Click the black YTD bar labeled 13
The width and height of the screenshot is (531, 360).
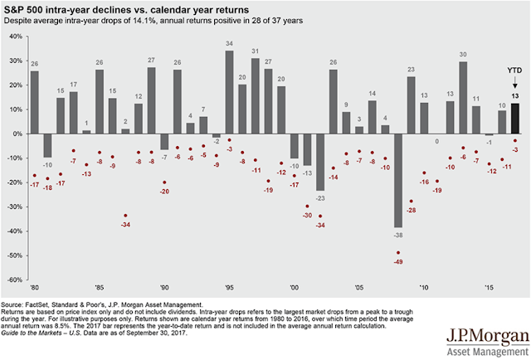[x=514, y=117]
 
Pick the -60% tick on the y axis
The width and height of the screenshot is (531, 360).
[x=15, y=280]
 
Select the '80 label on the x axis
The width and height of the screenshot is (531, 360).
[x=34, y=289]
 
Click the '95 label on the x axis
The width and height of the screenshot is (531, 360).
[x=229, y=289]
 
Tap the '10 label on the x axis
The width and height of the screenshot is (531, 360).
[x=424, y=289]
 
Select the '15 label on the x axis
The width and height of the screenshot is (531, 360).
[x=489, y=289]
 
